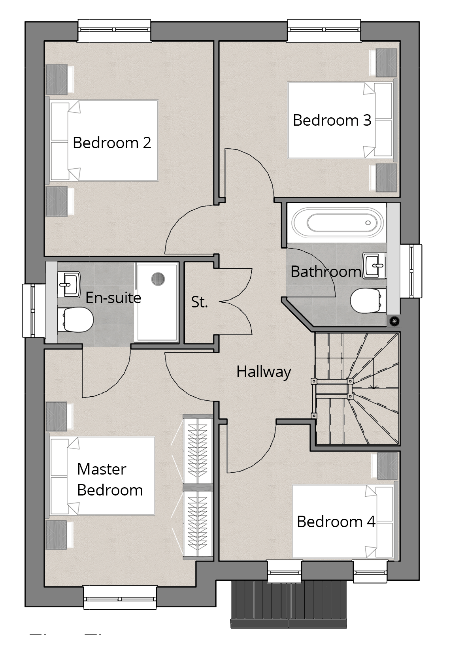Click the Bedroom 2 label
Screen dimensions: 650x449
click(112, 143)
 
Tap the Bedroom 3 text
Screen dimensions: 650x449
click(332, 120)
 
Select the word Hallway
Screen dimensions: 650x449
click(264, 371)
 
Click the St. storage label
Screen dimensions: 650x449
click(199, 302)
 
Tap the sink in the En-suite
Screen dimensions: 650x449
click(70, 283)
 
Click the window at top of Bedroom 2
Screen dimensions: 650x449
click(114, 30)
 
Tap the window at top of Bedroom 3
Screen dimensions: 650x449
click(324, 30)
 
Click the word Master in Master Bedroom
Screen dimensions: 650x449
click(102, 469)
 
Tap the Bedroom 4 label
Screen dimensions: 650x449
click(336, 522)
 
